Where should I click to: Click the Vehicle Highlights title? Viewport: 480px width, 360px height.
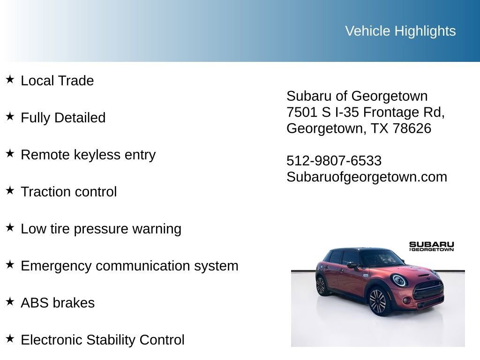click(x=400, y=31)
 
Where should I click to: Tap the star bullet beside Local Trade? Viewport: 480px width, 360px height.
click(x=10, y=79)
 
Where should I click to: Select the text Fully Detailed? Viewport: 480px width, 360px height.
click(x=63, y=118)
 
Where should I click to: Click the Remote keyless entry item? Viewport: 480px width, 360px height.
click(x=88, y=155)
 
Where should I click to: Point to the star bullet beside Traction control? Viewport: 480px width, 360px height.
click(x=10, y=190)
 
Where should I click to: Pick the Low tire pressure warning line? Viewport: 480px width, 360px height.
click(x=101, y=229)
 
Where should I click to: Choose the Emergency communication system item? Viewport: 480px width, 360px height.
click(x=129, y=266)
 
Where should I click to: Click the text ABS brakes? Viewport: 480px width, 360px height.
click(x=58, y=303)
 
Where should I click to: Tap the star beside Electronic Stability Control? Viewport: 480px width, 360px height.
click(x=10, y=338)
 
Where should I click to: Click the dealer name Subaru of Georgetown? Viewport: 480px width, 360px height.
click(x=357, y=96)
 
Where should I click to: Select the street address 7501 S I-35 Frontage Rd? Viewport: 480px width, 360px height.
click(x=365, y=112)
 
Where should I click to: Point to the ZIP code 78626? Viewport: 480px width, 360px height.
click(x=412, y=128)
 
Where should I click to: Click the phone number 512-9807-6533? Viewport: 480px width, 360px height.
click(x=334, y=161)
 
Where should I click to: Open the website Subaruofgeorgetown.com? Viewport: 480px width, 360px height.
click(x=367, y=177)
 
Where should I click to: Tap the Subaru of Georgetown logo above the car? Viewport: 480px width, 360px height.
click(x=431, y=246)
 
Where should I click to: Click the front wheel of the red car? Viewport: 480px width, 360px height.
click(x=377, y=301)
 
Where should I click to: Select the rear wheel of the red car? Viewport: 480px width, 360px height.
click(x=321, y=285)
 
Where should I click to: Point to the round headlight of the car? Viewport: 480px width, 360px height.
click(x=399, y=280)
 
